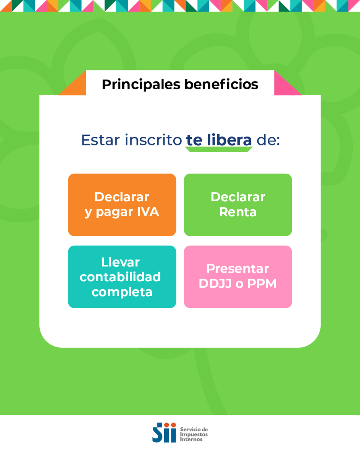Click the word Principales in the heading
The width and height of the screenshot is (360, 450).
tap(141, 84)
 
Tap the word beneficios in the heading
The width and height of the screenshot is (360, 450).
tap(221, 84)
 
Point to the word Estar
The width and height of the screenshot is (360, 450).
tap(100, 140)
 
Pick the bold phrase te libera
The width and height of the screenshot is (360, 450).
tap(219, 140)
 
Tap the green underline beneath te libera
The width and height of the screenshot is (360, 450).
tap(219, 149)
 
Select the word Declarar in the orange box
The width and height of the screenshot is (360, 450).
tap(122, 197)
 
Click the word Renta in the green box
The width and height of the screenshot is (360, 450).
tap(238, 212)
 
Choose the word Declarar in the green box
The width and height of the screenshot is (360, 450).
tap(238, 197)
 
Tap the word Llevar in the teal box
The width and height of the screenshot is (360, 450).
tap(120, 262)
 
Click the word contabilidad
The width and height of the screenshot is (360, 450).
tap(120, 277)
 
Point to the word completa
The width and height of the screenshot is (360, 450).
tap(122, 292)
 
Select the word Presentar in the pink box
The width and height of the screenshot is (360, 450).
tap(238, 268)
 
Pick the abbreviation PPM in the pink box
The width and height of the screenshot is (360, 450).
tap(262, 283)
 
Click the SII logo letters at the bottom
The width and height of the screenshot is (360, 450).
tap(164, 432)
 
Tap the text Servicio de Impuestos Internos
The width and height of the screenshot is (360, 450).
tap(194, 434)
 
